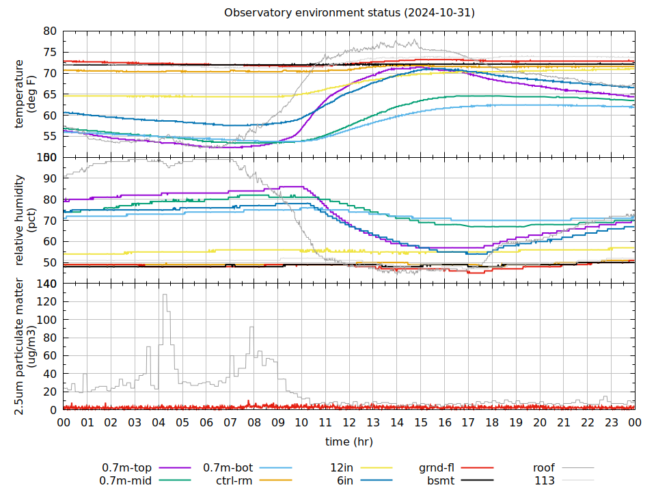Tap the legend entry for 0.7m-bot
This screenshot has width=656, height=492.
228,468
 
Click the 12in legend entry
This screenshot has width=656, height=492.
342,468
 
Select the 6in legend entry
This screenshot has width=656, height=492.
344,480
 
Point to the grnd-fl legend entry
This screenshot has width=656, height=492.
437,468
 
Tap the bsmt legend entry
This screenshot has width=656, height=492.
441,480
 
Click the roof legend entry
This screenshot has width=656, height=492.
544,468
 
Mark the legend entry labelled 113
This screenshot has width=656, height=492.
545,480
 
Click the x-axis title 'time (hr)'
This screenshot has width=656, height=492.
348,441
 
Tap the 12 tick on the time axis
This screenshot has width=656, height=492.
349,422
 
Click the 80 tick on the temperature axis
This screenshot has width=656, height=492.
50,31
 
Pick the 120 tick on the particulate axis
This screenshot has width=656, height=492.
47,302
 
